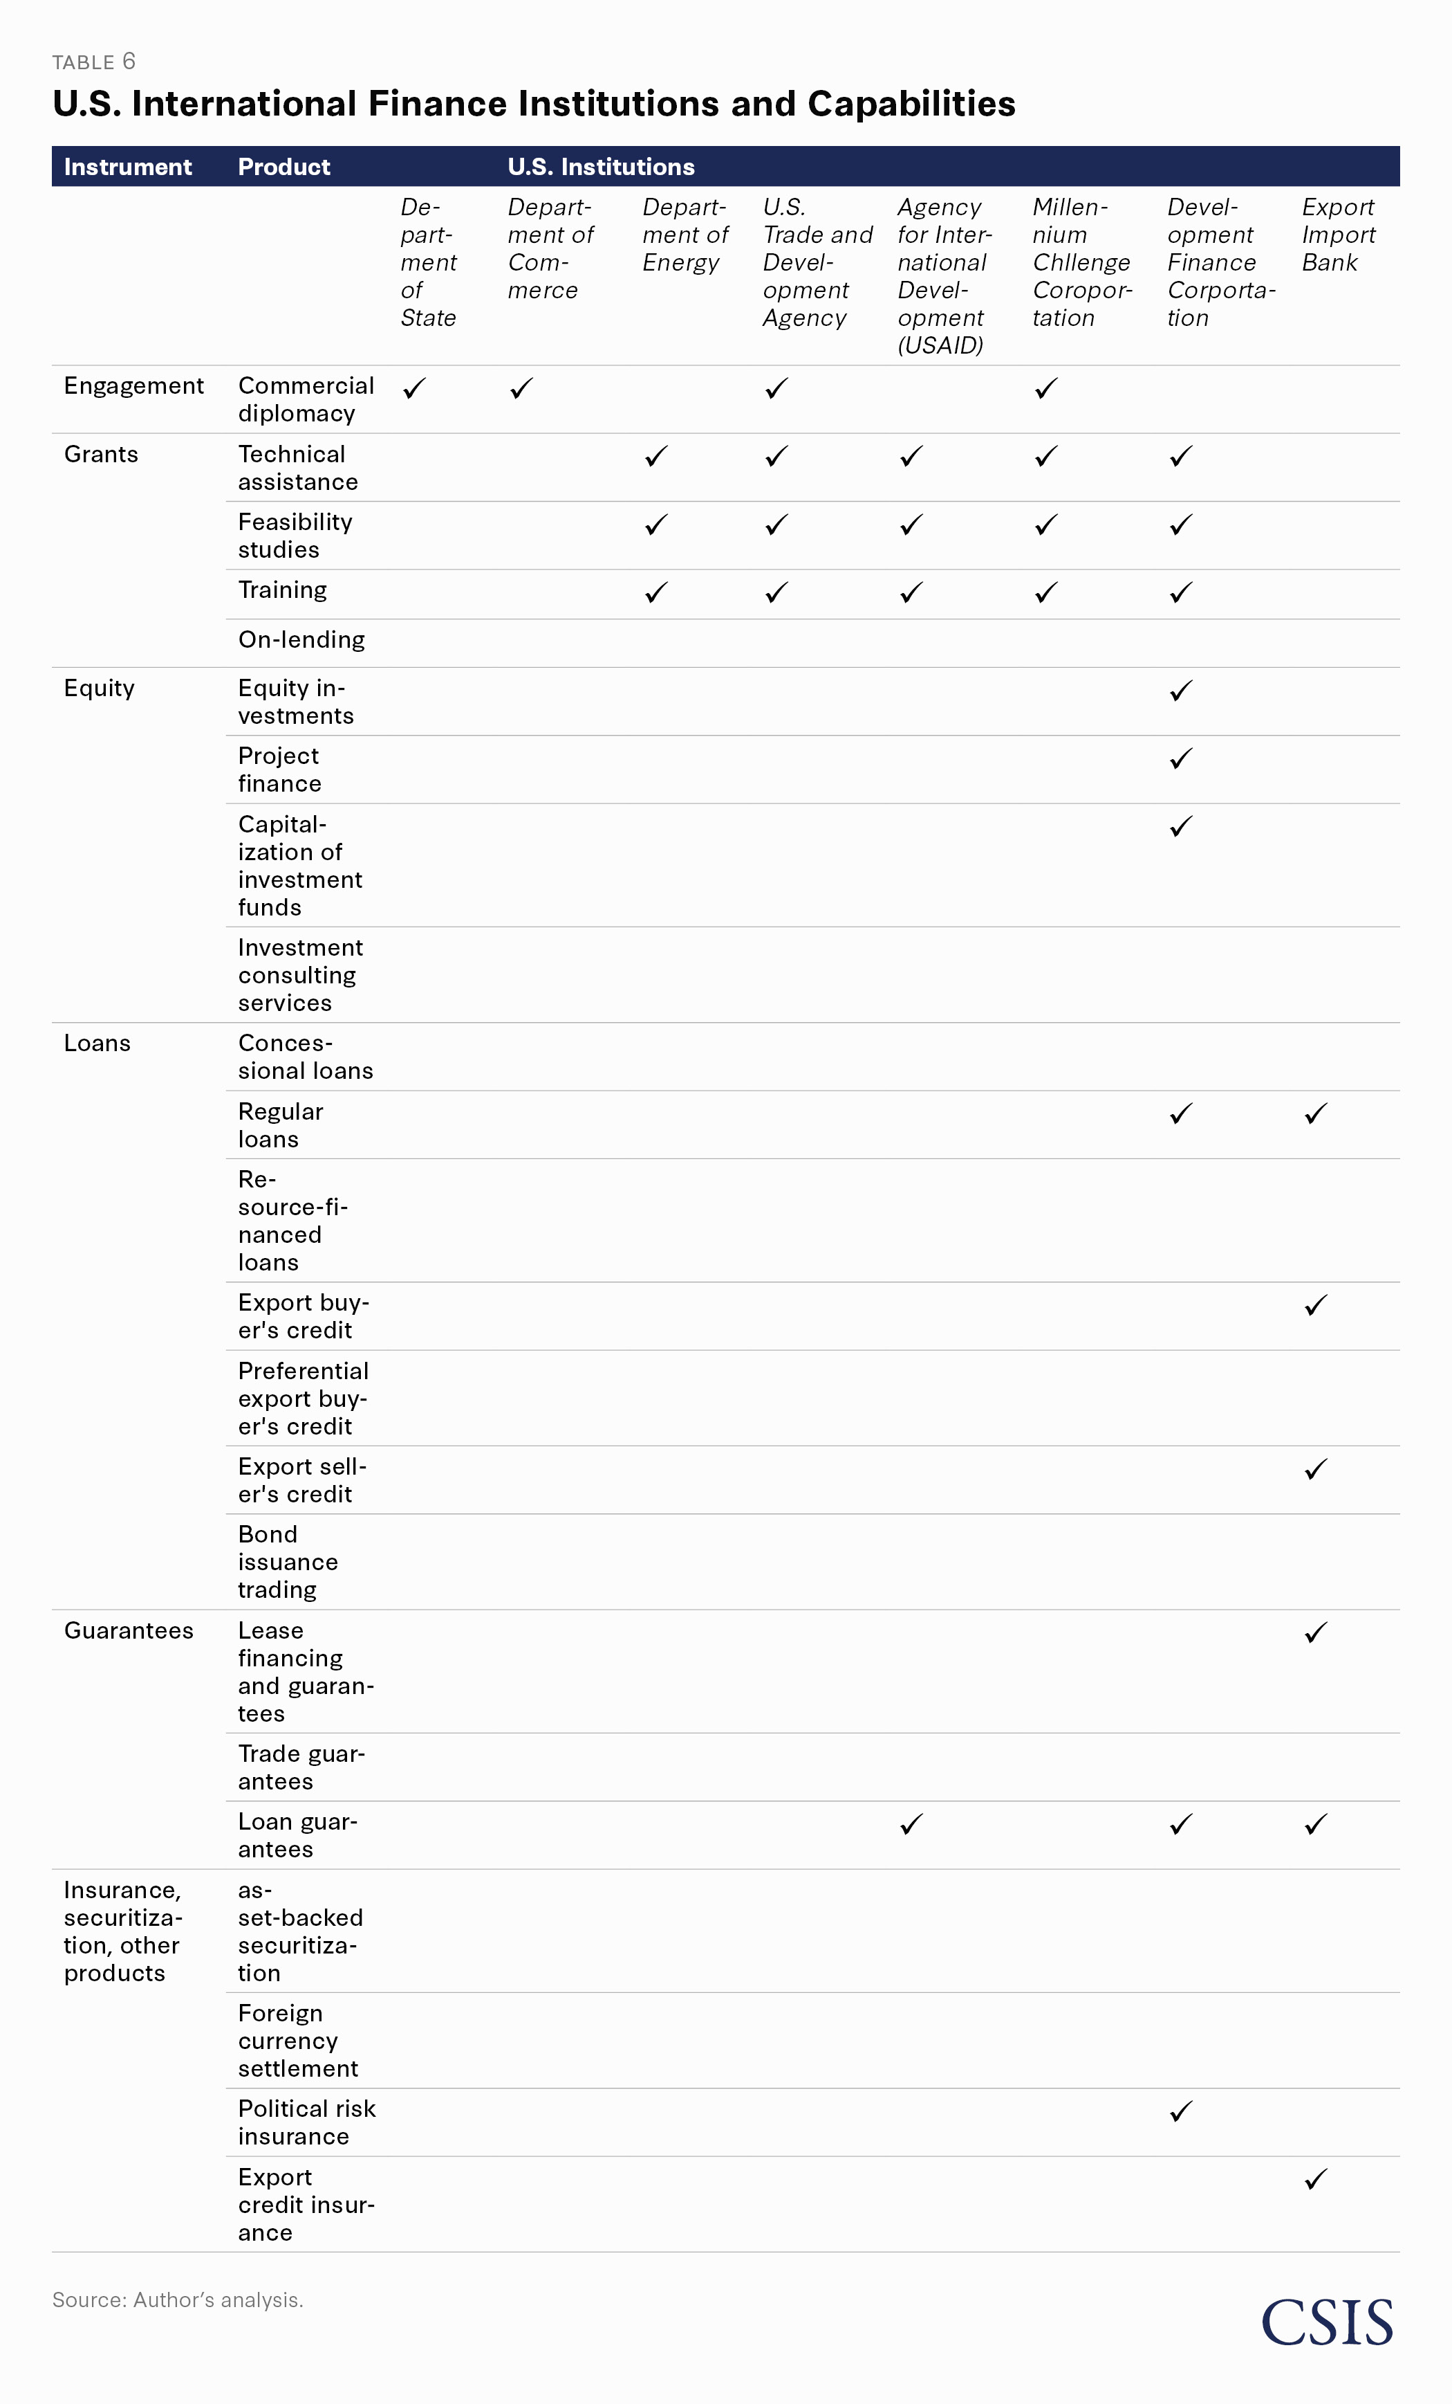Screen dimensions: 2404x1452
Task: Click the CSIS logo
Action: point(1326,2322)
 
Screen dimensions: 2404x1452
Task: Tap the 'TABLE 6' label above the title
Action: point(93,62)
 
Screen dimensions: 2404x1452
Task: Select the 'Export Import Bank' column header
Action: point(1338,235)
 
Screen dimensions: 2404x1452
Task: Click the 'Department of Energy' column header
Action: point(685,235)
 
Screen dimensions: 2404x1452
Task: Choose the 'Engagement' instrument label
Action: point(133,386)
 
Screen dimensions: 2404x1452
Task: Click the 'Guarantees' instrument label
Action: point(129,1631)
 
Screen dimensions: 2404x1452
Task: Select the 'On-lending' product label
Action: point(301,640)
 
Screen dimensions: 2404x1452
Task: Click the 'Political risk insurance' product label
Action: point(306,2122)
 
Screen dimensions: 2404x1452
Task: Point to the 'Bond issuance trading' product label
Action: point(288,1562)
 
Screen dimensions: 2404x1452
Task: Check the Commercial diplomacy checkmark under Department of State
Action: point(414,388)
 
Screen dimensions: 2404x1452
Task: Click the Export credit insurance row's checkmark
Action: point(1316,2178)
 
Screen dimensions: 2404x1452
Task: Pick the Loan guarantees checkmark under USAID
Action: point(911,1823)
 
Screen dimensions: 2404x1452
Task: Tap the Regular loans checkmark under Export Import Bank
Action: point(1316,1113)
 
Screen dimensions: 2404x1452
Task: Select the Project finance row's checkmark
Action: point(1181,758)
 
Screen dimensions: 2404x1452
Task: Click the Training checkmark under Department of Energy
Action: point(656,592)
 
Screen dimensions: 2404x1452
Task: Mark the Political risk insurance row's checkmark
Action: point(1181,2111)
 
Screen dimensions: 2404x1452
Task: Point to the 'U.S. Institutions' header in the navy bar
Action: point(601,167)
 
